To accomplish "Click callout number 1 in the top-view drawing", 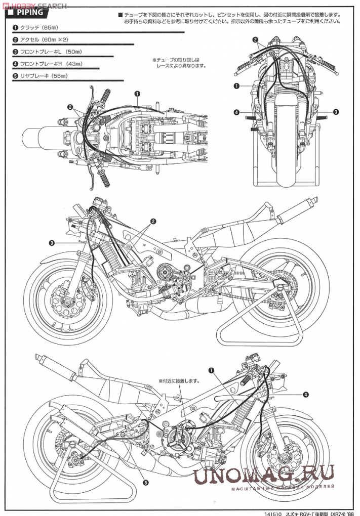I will (x=137, y=94).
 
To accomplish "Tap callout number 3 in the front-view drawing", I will (x=336, y=111).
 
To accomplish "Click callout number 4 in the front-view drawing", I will (x=236, y=112).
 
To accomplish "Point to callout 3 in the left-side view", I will (x=52, y=243).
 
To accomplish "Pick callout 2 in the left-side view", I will (x=152, y=222).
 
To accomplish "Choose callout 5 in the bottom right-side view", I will (x=145, y=483).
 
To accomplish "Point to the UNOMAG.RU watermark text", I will (x=264, y=475).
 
